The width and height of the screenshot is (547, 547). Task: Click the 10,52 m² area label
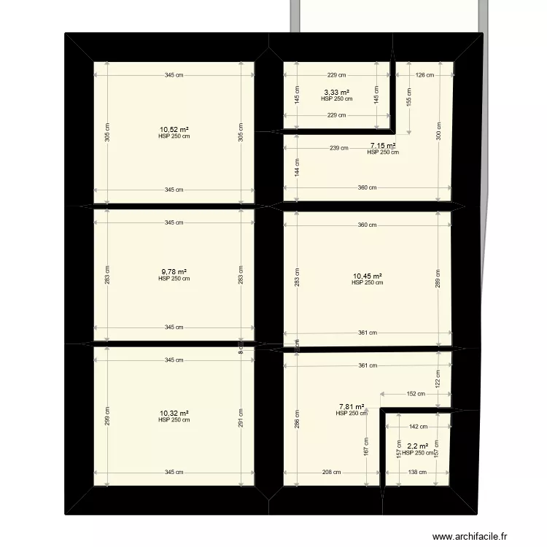(174, 130)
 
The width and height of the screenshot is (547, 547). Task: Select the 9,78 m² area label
(174, 272)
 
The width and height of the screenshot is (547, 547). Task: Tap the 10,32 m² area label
(174, 413)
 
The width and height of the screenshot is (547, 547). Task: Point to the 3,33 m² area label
(336, 93)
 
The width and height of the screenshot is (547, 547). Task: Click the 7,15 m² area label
(383, 146)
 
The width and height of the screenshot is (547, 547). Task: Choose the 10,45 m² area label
(368, 276)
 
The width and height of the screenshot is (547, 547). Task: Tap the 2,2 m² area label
(418, 446)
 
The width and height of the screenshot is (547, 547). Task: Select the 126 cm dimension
(424, 74)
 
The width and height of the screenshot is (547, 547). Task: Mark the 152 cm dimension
(416, 394)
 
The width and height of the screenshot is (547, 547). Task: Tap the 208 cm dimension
(331, 473)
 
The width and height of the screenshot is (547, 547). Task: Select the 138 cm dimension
(417, 473)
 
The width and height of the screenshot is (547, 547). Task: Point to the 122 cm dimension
(438, 379)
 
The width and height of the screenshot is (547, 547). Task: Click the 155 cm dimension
(410, 97)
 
